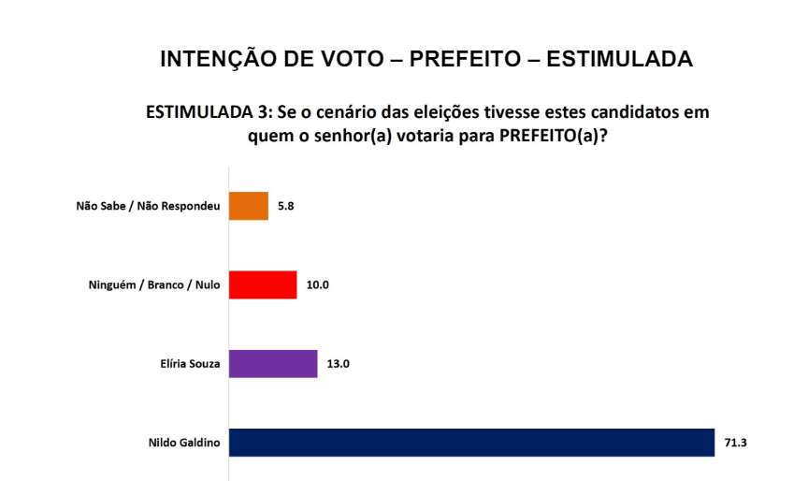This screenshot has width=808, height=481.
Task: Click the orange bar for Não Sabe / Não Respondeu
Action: click(x=249, y=206)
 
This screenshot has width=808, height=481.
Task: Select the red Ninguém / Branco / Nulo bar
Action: click(x=263, y=284)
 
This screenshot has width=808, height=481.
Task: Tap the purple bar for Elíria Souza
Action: click(x=273, y=363)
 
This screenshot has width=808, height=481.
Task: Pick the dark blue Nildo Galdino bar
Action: click(x=471, y=442)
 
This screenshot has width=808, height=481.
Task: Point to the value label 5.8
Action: click(x=285, y=206)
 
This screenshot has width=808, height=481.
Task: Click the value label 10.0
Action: click(x=317, y=284)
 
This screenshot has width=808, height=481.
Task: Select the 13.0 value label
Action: click(x=338, y=363)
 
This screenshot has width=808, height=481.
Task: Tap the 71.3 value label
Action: click(x=735, y=442)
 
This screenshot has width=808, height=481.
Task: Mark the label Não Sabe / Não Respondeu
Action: click(x=148, y=207)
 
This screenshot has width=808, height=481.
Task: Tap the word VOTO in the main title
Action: click(x=343, y=60)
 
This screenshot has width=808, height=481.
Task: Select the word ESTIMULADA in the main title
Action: click(x=619, y=60)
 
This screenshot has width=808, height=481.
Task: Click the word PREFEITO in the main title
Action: click(x=467, y=60)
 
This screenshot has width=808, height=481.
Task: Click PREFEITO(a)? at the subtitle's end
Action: click(x=555, y=136)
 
